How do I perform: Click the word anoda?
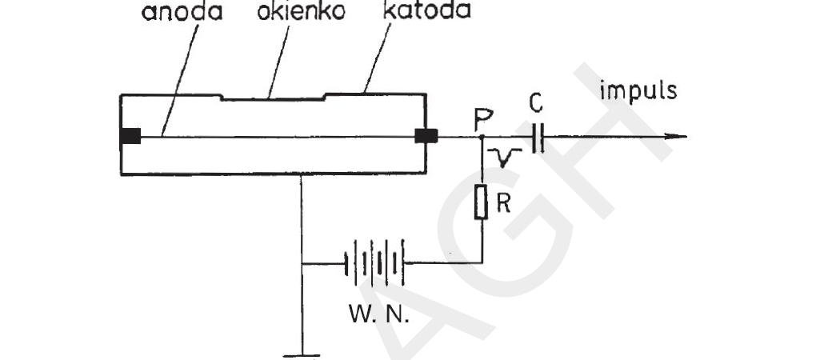[182, 11]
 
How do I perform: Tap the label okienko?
[301, 11]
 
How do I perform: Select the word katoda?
[427, 10]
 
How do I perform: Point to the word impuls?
[638, 92]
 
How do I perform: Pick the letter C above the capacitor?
[537, 103]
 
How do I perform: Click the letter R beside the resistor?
[503, 203]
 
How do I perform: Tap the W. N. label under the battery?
[379, 313]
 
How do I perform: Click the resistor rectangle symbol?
[481, 202]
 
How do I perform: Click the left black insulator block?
[130, 136]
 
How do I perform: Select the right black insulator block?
[426, 136]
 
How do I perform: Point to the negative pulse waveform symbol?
[505, 157]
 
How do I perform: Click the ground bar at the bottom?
[302, 355]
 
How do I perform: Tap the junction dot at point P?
[482, 137]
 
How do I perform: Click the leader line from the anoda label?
[179, 78]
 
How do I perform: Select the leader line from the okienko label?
[278, 61]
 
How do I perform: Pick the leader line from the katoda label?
[377, 58]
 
